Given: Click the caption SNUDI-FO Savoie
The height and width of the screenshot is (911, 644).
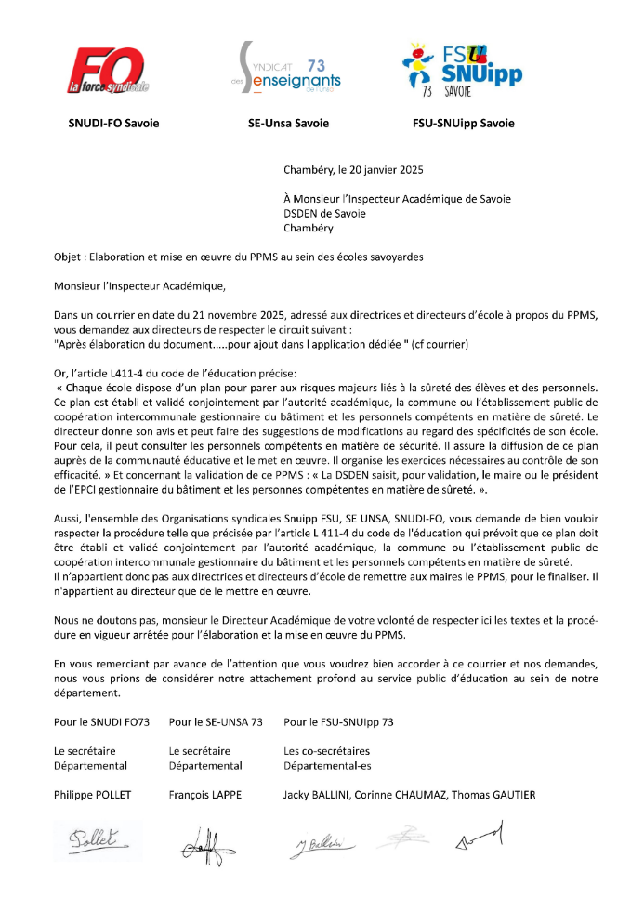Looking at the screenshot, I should tap(113, 123).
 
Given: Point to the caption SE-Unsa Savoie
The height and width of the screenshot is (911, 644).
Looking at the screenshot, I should tap(288, 123).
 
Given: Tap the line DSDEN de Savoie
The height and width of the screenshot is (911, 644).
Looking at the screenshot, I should tap(324, 213).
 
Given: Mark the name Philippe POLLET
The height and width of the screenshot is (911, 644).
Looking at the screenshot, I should tap(91, 795).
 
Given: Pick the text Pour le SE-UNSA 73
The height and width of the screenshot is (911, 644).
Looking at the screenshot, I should tap(216, 721).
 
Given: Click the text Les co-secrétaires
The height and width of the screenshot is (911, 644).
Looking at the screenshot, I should tap(326, 751).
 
